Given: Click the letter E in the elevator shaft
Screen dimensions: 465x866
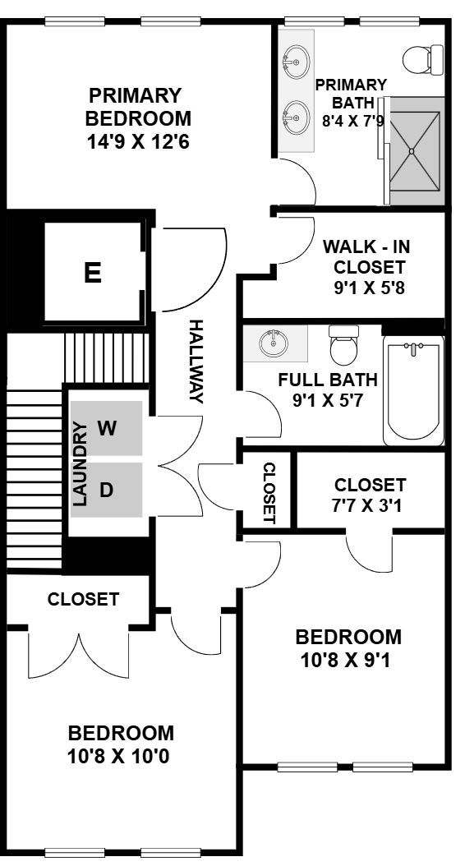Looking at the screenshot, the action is tap(93, 273).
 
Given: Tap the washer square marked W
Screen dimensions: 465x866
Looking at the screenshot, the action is tap(106, 428).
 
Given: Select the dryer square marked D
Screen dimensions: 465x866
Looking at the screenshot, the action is tap(106, 490).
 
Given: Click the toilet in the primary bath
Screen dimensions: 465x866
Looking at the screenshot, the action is tap(423, 60).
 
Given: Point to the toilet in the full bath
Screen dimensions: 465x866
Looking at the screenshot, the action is tap(343, 345).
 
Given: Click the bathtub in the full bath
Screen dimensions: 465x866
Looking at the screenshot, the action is tap(413, 390).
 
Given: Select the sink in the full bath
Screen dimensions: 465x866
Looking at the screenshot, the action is tap(274, 343).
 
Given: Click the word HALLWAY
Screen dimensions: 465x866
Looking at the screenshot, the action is tap(196, 362).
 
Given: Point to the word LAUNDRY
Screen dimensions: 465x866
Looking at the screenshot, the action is tap(81, 464).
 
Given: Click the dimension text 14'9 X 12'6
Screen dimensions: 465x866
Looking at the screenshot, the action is tap(138, 142).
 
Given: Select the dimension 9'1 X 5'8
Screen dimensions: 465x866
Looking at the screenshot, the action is tap(370, 288).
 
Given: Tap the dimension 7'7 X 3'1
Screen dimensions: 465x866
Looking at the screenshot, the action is tap(370, 504).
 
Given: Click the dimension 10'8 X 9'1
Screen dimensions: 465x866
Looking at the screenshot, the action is tap(346, 660).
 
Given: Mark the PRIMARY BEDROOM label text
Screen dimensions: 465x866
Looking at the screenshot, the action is tap(138, 107).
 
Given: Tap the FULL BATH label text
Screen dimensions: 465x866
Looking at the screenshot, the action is tap(328, 380).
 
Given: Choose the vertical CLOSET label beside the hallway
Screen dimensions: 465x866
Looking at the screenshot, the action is tap(269, 493).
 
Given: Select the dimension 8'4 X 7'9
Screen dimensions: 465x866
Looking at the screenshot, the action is tap(353, 121).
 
